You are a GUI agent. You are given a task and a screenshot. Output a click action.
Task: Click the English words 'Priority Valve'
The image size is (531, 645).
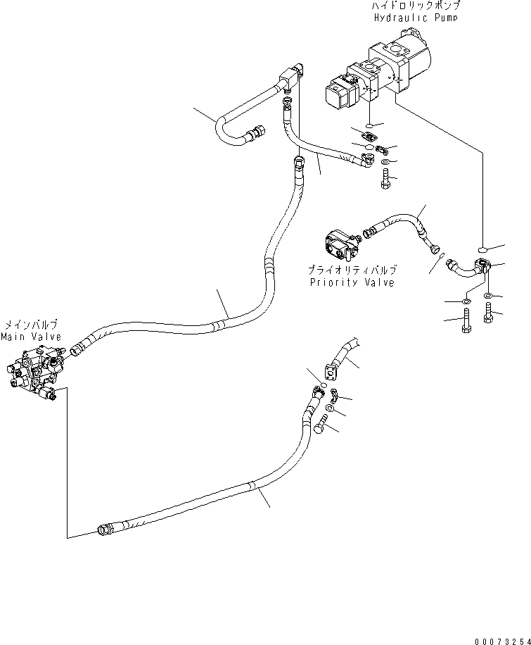tap(352, 282)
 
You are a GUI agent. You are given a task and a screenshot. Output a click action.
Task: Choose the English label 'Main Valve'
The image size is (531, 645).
tap(31, 337)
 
